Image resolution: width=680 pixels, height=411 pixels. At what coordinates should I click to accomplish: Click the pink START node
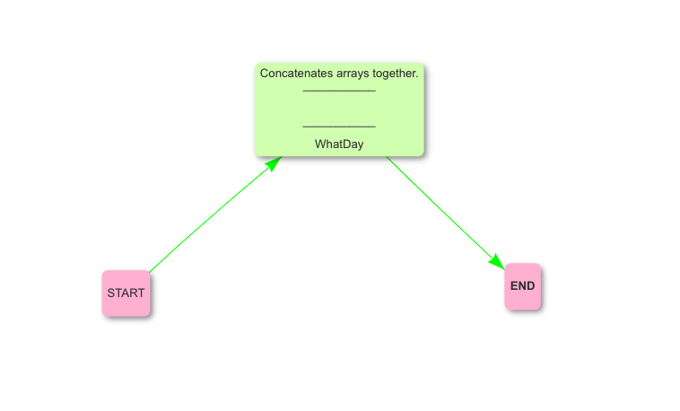126,293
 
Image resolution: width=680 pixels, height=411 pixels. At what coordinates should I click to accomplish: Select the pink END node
522,286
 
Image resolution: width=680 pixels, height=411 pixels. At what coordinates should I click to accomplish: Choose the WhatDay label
339,144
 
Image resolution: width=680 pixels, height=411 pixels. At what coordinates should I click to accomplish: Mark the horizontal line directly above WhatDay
339,127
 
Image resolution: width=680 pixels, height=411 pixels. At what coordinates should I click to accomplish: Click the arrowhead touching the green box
274,163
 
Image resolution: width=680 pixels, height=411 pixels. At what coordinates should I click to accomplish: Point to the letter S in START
111,293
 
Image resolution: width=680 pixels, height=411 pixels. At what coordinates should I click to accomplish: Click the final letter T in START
141,293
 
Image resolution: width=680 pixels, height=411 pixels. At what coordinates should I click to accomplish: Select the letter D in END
531,286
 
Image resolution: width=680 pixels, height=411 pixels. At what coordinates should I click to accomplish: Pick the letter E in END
514,286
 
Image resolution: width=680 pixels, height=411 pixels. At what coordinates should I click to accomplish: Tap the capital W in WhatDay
320,144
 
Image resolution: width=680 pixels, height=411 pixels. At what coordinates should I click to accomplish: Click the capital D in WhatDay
345,144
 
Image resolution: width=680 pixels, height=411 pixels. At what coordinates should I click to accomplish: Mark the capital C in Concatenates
265,73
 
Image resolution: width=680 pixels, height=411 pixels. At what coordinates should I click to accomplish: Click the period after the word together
417,75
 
